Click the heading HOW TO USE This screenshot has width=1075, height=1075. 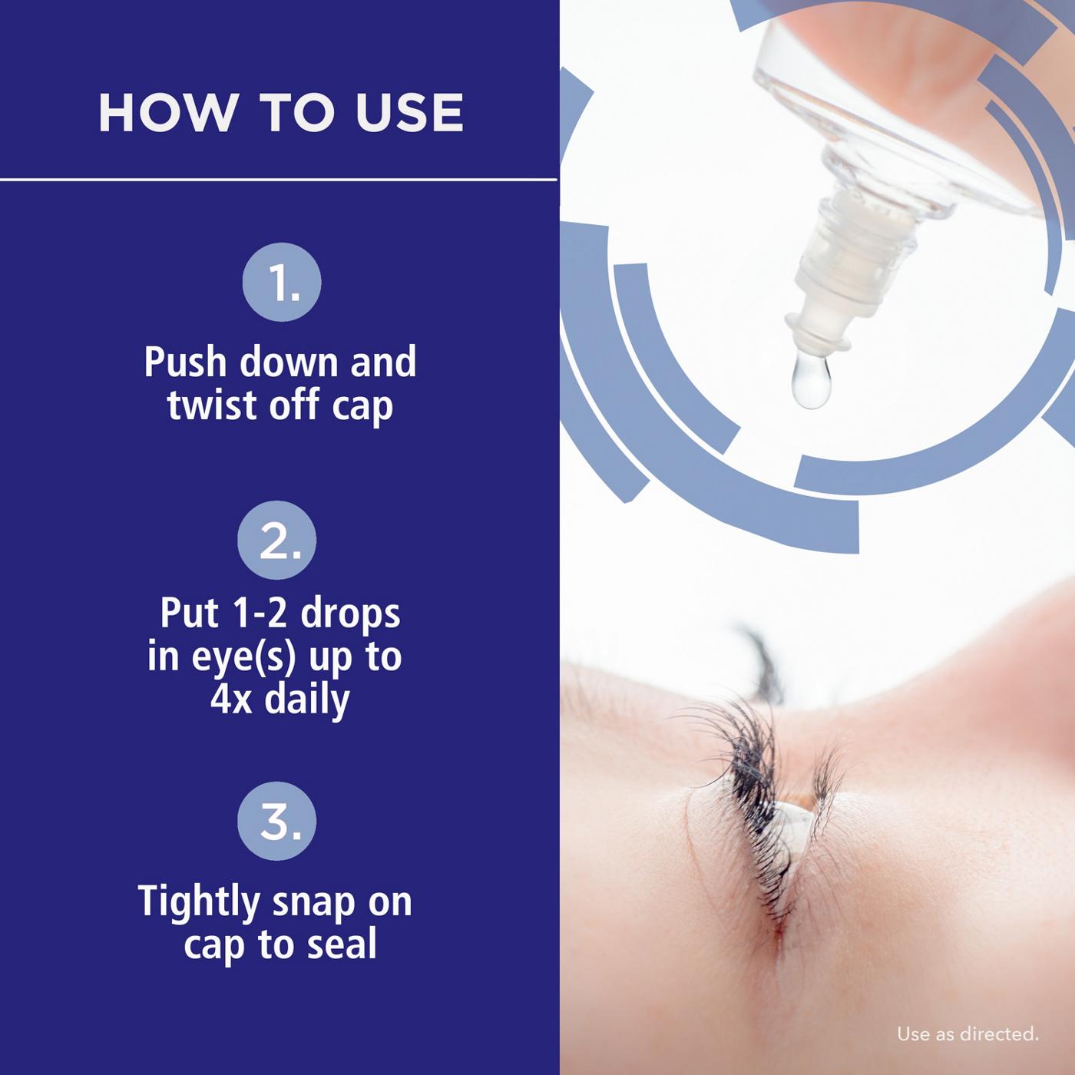pyautogui.click(x=280, y=112)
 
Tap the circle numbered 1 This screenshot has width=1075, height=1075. pyautogui.click(x=281, y=283)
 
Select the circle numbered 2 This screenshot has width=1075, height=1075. pyautogui.click(x=277, y=540)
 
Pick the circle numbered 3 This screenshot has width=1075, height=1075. pyautogui.click(x=277, y=820)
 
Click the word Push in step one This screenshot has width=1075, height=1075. pyautogui.click(x=187, y=362)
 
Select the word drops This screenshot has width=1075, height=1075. pyautogui.click(x=350, y=614)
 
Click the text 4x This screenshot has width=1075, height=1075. pyautogui.click(x=231, y=700)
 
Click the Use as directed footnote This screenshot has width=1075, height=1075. pyautogui.click(x=967, y=1034)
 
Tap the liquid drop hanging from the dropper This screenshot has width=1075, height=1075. pyautogui.click(x=811, y=382)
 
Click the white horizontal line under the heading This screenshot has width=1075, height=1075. pyautogui.click(x=278, y=180)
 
